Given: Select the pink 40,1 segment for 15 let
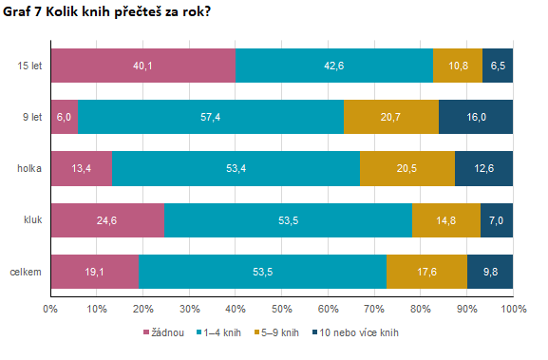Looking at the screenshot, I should [142, 66].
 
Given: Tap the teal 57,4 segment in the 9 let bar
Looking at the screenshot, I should [211, 117].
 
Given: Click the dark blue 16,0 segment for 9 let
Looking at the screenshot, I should [476, 117].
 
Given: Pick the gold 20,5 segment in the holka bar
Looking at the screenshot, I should [407, 168].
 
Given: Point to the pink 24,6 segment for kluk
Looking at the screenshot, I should [107, 219].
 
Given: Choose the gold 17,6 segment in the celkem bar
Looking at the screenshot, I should [426, 271].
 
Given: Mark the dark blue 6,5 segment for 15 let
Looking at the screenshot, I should [498, 66].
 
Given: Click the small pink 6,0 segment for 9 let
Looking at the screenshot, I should [64, 117].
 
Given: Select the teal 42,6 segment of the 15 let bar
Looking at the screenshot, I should [333, 66].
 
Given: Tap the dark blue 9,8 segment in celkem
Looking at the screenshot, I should [490, 271].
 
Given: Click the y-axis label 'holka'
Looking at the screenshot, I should [28, 168].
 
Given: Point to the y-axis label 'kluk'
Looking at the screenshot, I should [32, 219].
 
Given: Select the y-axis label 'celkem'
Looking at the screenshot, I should [26, 271].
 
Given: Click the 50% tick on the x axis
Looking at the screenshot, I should [282, 308].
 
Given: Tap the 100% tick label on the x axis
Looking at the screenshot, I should [513, 308].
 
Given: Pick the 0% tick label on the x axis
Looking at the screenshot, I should [51, 308].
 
